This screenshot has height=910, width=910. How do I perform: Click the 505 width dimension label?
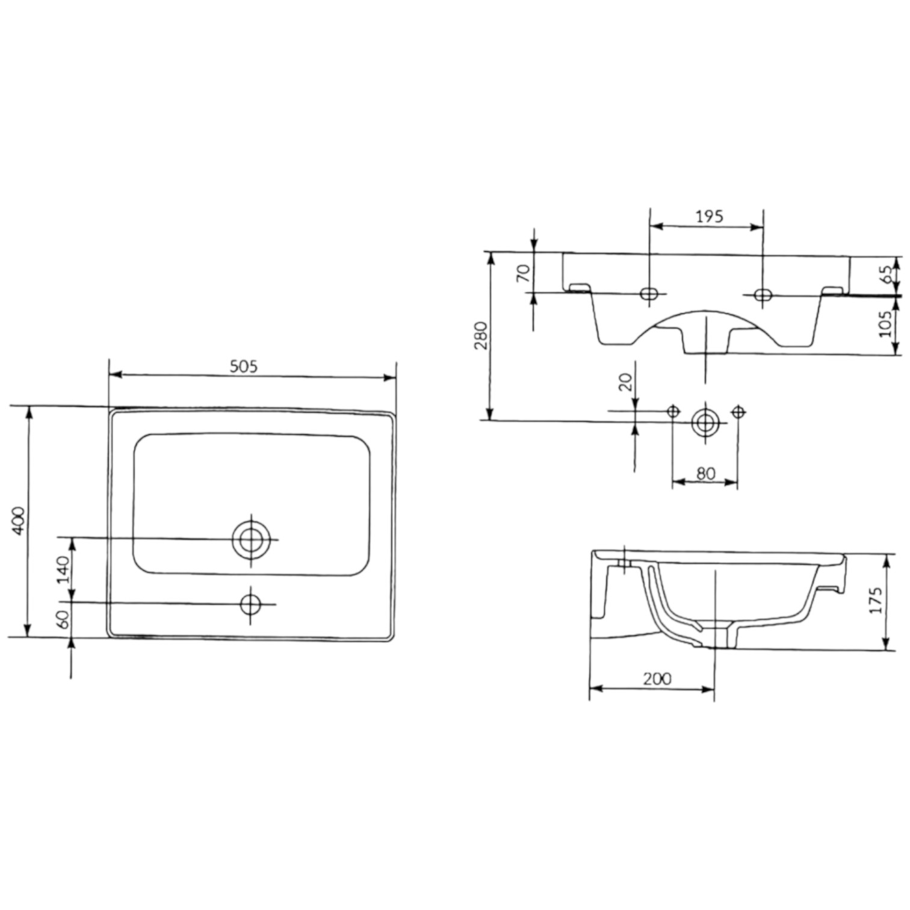pyautogui.click(x=244, y=366)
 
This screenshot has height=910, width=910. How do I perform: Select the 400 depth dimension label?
pyautogui.click(x=19, y=521)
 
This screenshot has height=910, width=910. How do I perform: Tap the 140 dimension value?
pyautogui.click(x=63, y=569)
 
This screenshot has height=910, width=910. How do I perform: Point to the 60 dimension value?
pyautogui.click(x=63, y=619)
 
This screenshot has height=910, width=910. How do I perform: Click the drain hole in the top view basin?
pyautogui.click(x=252, y=539)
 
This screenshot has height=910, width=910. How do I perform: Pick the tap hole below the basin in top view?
pyautogui.click(x=250, y=604)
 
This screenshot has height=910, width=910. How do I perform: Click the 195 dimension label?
pyautogui.click(x=710, y=217)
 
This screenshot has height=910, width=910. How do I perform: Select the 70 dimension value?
pyautogui.click(x=524, y=273)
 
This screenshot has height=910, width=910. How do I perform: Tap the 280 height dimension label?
pyautogui.click(x=481, y=336)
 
